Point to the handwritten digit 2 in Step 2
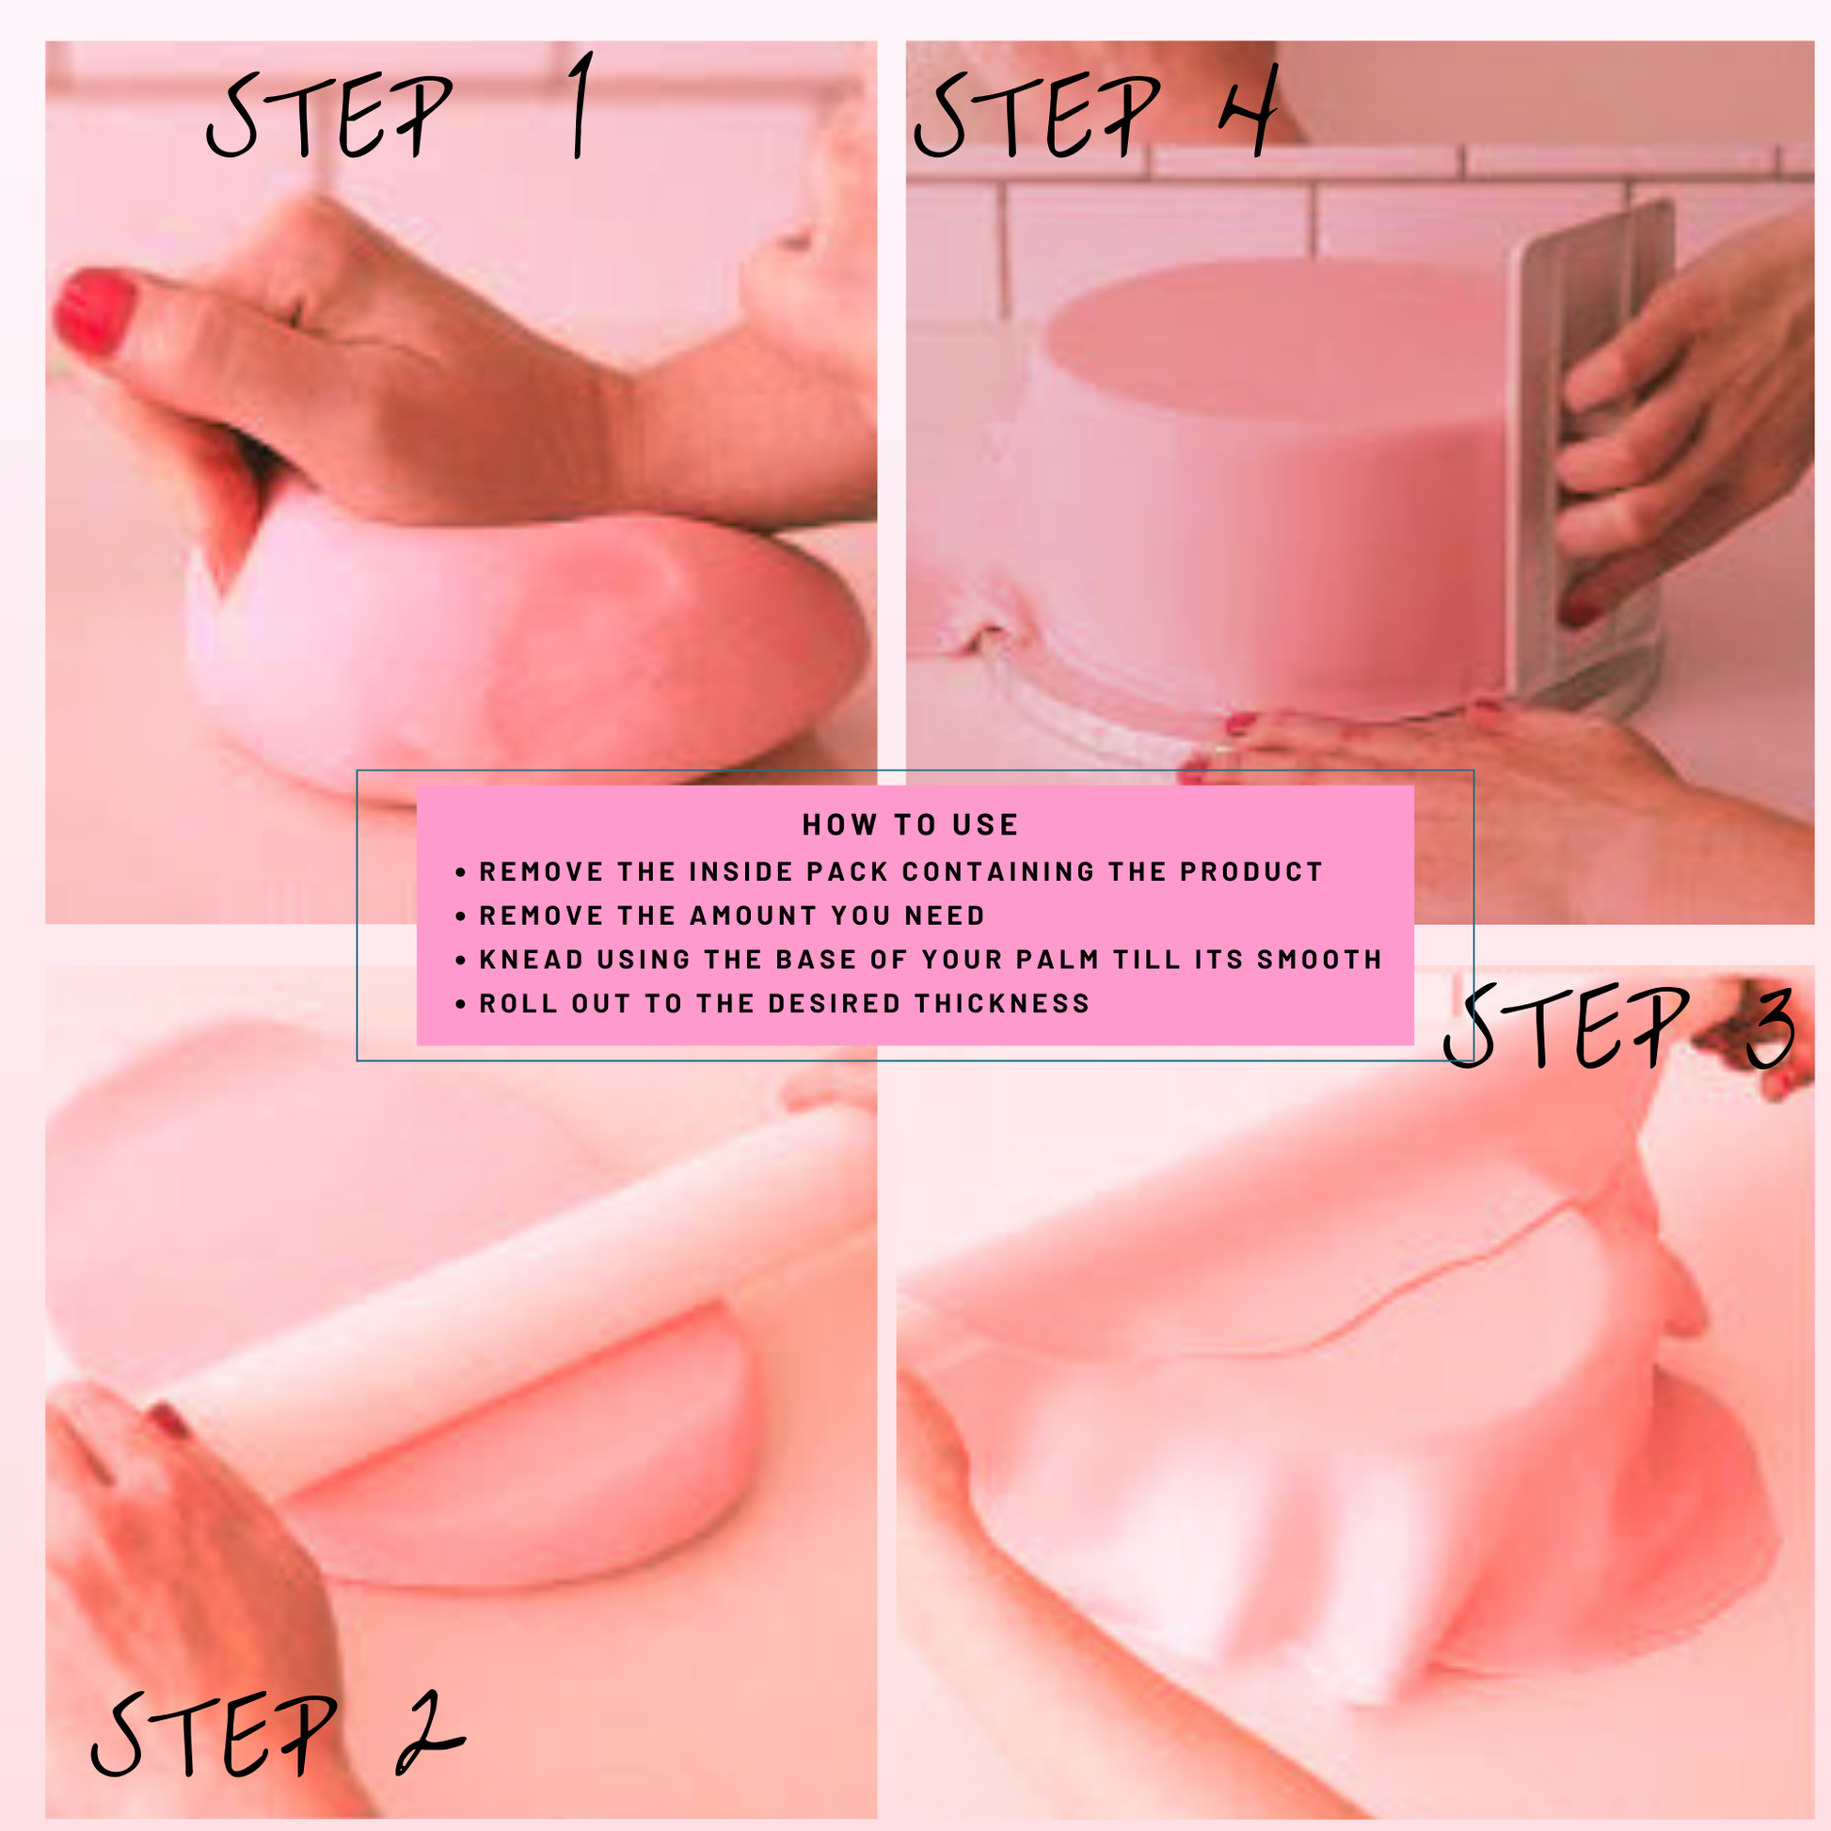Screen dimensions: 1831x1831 click(x=428, y=1733)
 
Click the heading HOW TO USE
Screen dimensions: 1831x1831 click(x=910, y=824)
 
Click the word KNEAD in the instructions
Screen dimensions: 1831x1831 click(x=532, y=959)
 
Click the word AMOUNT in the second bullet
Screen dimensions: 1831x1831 click(x=754, y=915)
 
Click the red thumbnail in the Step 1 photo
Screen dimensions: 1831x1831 click(x=94, y=310)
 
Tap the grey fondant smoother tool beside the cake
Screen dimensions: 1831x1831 click(x=1592, y=454)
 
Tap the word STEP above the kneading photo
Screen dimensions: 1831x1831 click(x=328, y=116)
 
